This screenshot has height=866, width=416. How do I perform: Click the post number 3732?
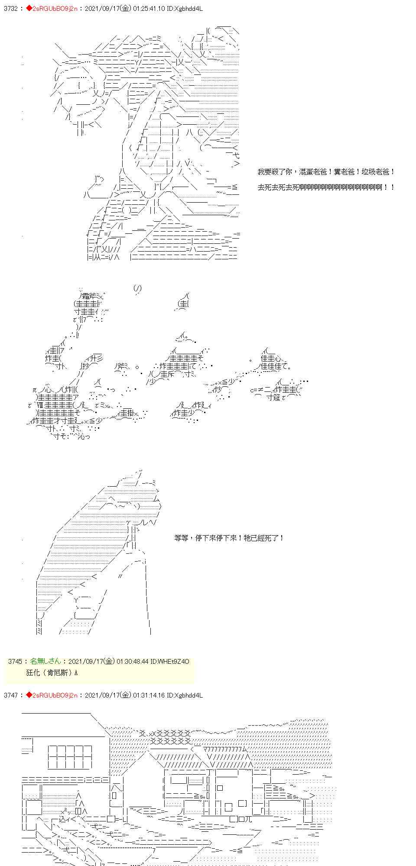click(x=10, y=9)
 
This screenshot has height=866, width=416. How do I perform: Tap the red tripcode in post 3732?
click(x=51, y=9)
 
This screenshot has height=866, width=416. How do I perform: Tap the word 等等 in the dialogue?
click(x=180, y=538)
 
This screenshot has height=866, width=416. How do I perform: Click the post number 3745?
click(x=15, y=661)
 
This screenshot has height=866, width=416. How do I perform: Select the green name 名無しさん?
click(x=45, y=661)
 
